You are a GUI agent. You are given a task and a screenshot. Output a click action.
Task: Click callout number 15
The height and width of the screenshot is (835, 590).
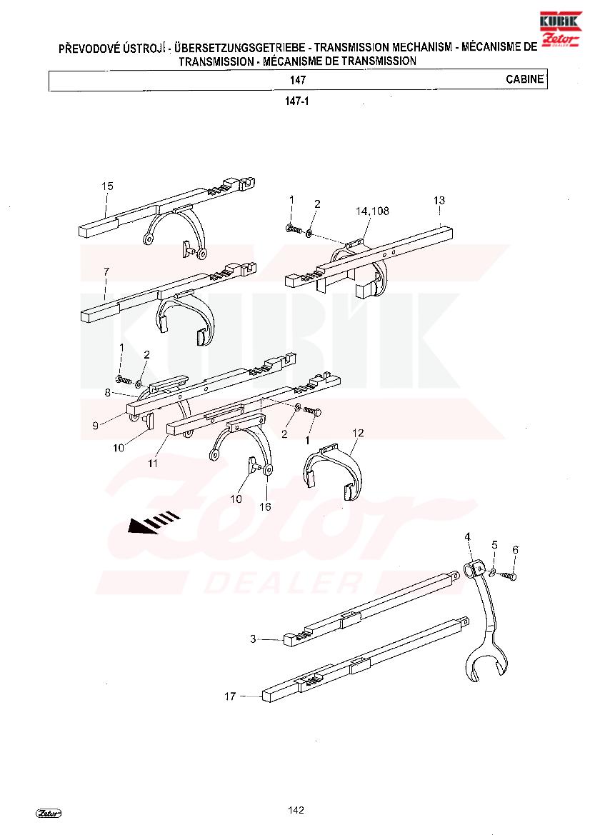pos(107,186)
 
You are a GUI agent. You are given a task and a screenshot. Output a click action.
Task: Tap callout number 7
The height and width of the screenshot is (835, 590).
pos(106,271)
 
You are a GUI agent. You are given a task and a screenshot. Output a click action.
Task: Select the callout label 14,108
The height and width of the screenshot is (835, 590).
pos(372,211)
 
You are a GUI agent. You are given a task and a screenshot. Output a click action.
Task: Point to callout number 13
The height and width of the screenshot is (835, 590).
pos(439,200)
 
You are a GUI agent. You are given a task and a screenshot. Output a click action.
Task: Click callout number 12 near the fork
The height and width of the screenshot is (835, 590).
pos(358,433)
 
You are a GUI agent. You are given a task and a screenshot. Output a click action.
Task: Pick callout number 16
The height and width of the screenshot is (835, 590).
pos(265,506)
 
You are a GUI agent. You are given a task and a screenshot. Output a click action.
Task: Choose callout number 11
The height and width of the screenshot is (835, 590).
pos(153,464)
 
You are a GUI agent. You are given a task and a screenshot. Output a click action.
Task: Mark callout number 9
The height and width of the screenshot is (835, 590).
pos(95,426)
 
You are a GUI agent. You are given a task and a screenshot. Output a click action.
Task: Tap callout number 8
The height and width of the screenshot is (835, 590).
pos(108,392)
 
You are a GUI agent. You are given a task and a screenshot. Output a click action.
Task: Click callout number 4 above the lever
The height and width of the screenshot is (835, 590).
pos(468,536)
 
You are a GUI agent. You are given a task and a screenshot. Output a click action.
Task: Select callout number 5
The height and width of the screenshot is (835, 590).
pos(495,545)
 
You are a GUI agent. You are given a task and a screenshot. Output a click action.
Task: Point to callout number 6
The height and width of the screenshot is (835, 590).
pos(515,549)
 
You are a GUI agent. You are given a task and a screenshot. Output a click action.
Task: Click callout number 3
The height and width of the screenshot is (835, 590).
pos(253,639)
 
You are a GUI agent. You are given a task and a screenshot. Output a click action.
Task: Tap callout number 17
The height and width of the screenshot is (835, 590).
pos(230,696)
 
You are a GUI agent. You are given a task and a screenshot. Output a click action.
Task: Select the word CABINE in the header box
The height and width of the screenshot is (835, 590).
pos(525,79)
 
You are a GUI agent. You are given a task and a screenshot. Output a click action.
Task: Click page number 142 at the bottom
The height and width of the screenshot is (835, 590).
pos(296,810)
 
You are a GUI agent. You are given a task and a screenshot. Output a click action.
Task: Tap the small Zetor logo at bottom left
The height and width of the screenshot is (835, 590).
pos(49,813)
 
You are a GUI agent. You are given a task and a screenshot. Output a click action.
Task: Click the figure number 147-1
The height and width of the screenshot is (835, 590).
pos(297,101)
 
